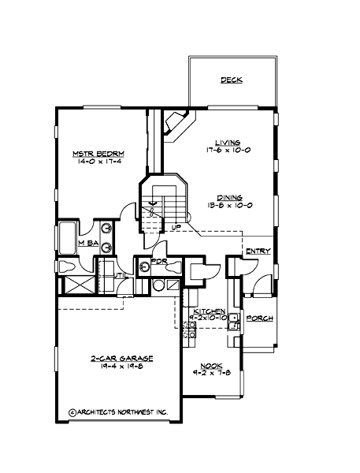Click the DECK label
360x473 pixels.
pos(231,80)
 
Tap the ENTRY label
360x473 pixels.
pos(258,251)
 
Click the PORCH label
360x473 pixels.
pos(259,318)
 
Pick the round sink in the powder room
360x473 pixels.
pos(143,266)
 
